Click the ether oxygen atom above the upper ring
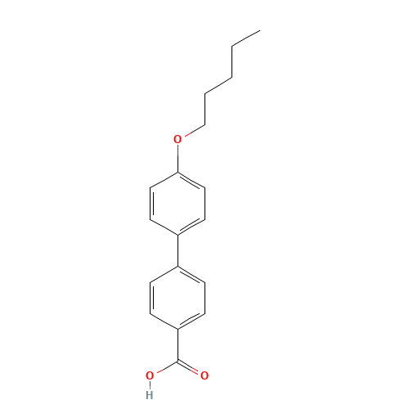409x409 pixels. pyautogui.click(x=178, y=139)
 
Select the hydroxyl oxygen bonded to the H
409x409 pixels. pyautogui.click(x=150, y=375)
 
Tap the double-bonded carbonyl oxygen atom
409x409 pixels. pyautogui.click(x=204, y=375)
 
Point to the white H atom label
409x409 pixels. pyautogui.click(x=149, y=394)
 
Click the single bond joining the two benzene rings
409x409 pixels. pyautogui.click(x=178, y=250)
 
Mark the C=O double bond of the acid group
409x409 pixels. pyautogui.click(x=191, y=367)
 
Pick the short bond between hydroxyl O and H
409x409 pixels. pyautogui.click(x=150, y=385)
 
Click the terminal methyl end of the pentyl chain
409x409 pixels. pyautogui.click(x=259, y=31)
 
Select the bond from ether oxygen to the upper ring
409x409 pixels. pyautogui.click(x=178, y=156)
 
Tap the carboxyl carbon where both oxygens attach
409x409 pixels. pyautogui.click(x=178, y=360)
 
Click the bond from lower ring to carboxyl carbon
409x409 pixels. pyautogui.click(x=178, y=344)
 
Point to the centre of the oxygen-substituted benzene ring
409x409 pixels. pyautogui.click(x=178, y=204)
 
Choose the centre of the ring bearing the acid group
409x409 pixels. pyautogui.click(x=178, y=297)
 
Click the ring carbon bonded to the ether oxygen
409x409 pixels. pyautogui.click(x=178, y=173)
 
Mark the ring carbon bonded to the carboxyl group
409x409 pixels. pyautogui.click(x=178, y=329)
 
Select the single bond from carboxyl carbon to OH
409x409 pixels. pyautogui.click(x=164, y=367)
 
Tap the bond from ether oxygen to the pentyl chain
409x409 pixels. pyautogui.click(x=191, y=131)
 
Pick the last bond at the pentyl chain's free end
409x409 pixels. pyautogui.click(x=245, y=39)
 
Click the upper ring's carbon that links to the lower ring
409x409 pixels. pyautogui.click(x=178, y=235)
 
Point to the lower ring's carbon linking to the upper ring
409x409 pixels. pyautogui.click(x=178, y=266)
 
